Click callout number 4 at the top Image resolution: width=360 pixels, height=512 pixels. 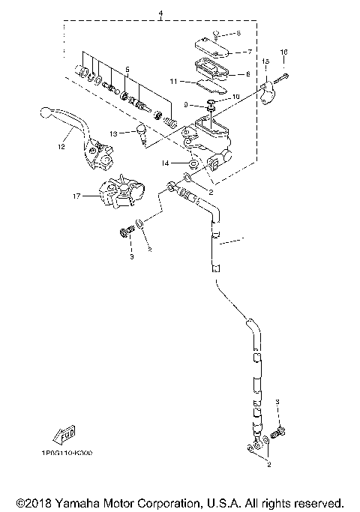click(x=159, y=13)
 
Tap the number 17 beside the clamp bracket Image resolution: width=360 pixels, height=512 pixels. click(x=76, y=196)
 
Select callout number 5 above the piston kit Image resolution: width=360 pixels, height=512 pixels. click(x=127, y=69)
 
